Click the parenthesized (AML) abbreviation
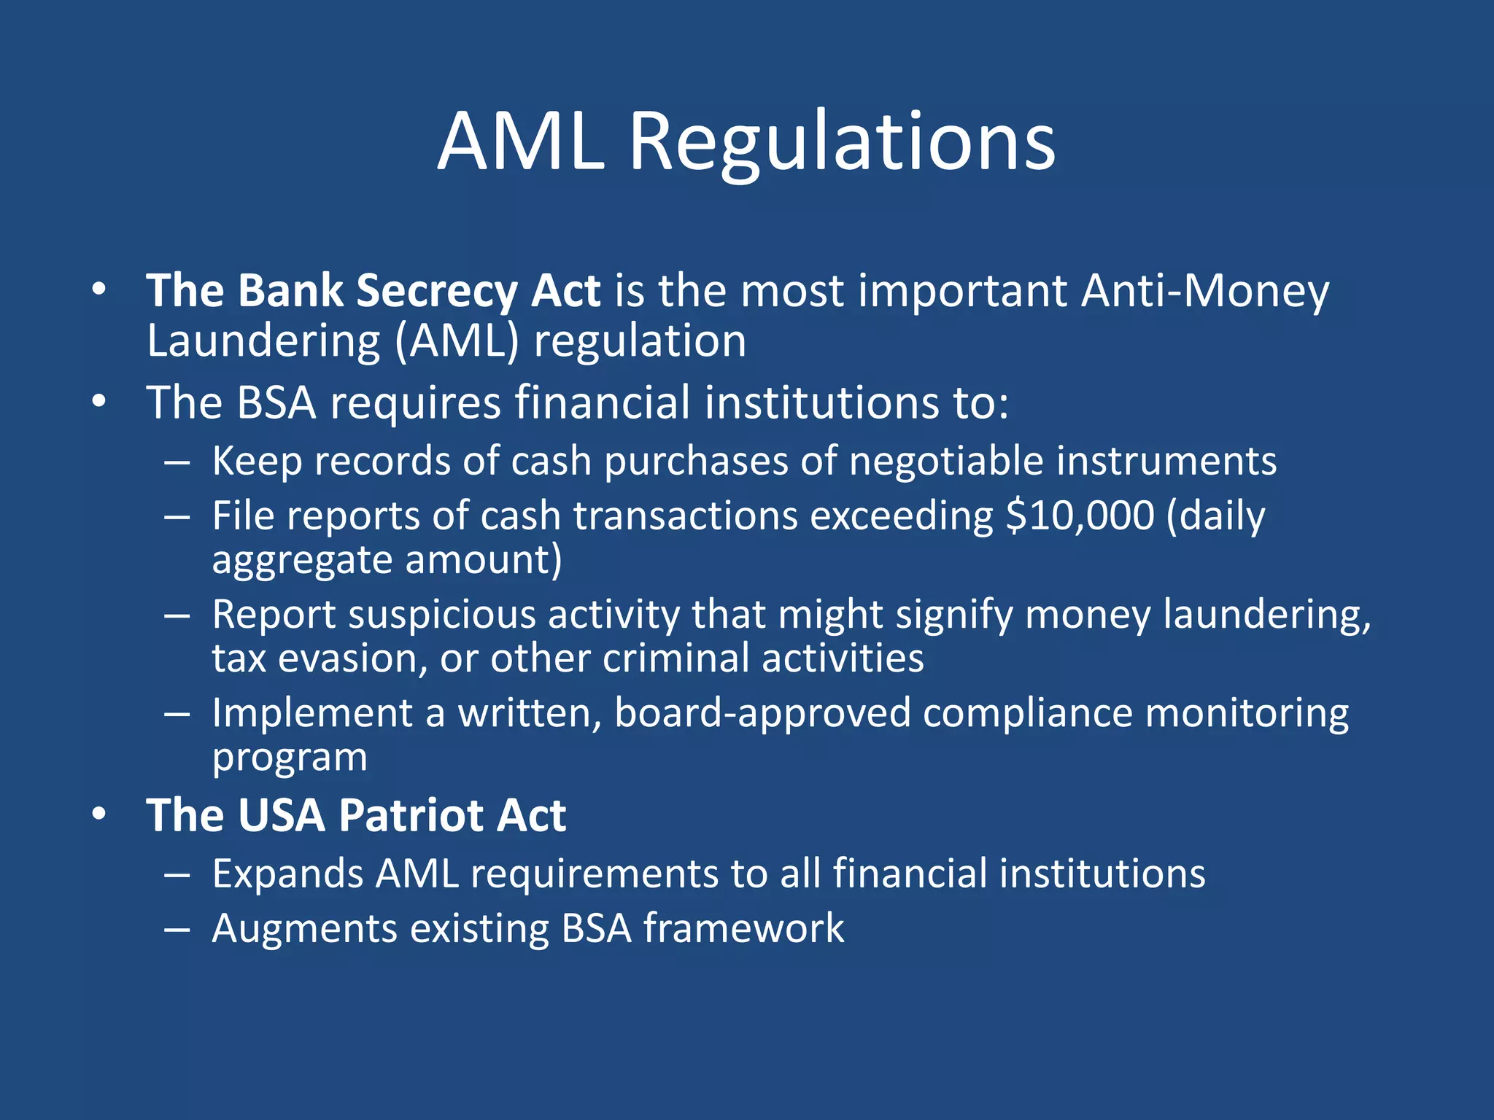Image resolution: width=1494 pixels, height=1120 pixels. coord(457,341)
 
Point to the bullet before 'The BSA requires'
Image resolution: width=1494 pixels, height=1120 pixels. coord(100,402)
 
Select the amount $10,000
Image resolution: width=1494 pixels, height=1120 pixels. coord(1080,516)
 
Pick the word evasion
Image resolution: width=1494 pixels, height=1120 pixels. coord(349,658)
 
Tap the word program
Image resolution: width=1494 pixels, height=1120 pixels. coord(290,758)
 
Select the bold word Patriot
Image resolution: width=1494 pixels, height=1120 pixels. coord(411,815)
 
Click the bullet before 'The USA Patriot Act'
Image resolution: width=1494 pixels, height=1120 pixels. coord(100,814)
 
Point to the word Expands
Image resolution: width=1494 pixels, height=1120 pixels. coord(287,874)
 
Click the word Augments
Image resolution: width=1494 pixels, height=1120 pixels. coord(304,929)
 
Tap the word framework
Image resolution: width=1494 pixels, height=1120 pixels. coord(743,929)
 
